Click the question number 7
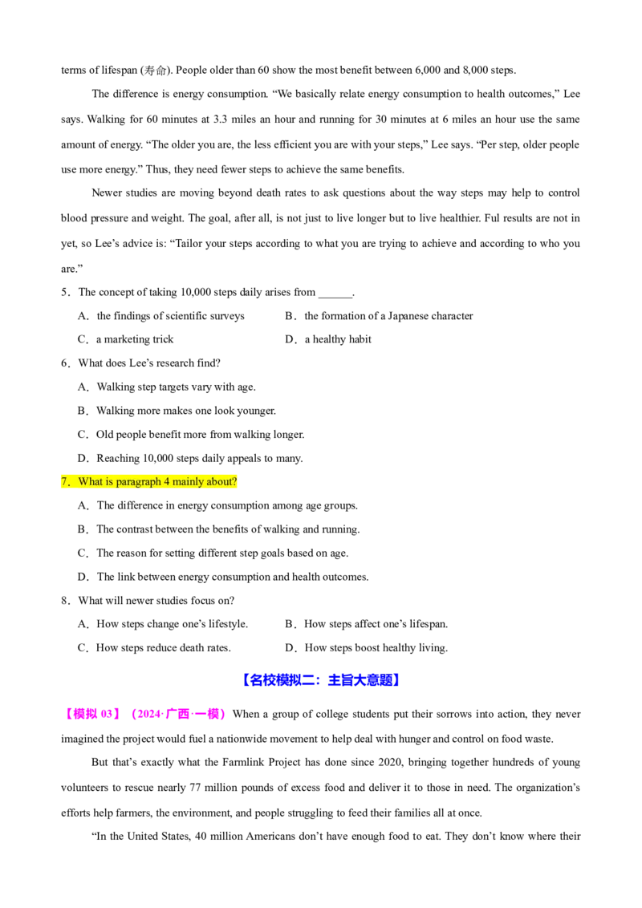pyautogui.click(x=64, y=482)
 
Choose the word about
pyautogui.click(x=215, y=482)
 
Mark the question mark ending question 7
pyautogui.click(x=234, y=482)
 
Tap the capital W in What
pyautogui.click(x=83, y=482)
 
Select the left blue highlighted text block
pyautogui.click(x=282, y=679)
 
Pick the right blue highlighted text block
pyautogui.click(x=364, y=679)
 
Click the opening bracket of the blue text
pyautogui.click(x=246, y=679)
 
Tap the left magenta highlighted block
pyautogui.click(x=92, y=715)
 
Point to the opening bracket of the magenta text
pyautogui.click(x=67, y=715)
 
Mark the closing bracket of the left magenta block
pyautogui.click(x=118, y=715)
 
